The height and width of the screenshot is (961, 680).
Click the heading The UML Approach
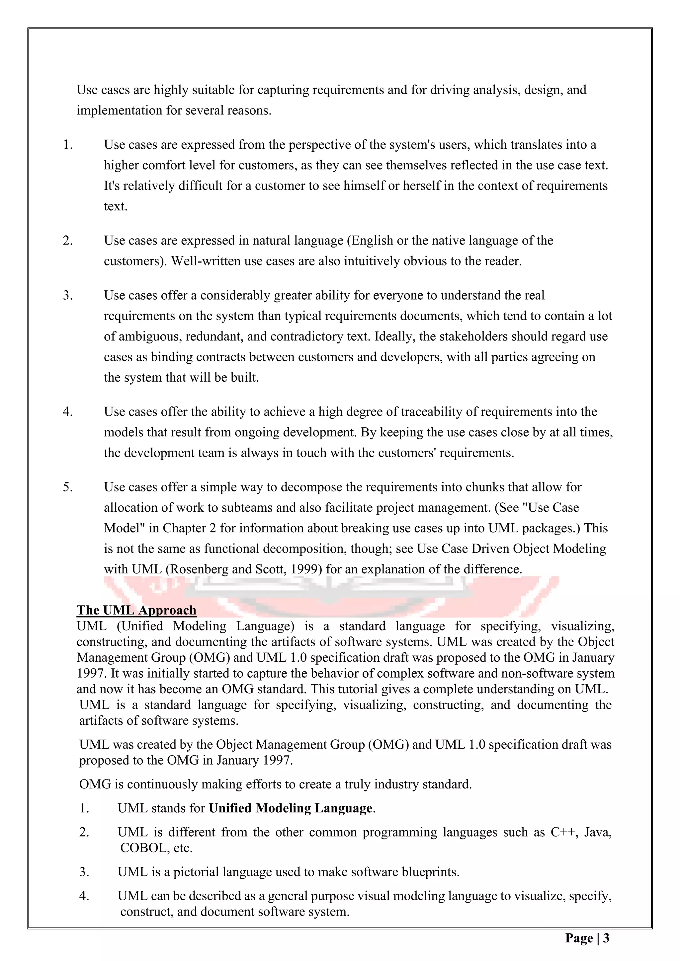point(136,610)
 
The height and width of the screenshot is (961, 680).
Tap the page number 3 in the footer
point(606,938)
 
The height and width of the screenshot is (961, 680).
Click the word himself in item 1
point(364,186)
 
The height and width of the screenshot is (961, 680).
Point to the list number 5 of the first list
point(67,487)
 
